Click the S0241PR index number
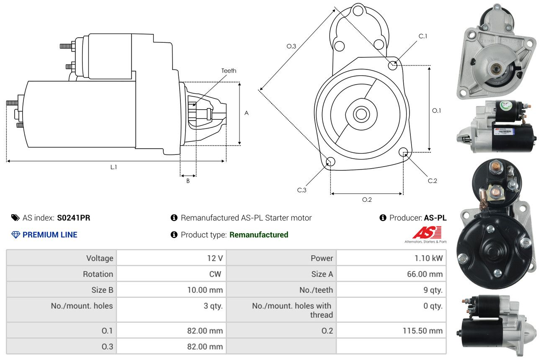tap(73, 218)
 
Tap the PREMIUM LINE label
tap(50, 235)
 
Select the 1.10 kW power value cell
tap(428, 258)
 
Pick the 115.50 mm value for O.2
tap(422, 331)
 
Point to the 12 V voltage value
tap(214, 258)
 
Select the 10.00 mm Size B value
tap(205, 290)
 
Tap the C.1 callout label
tap(423, 36)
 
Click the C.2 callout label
tap(432, 181)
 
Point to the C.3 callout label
tap(301, 190)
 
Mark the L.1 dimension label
tap(113, 167)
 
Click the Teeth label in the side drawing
tap(229, 71)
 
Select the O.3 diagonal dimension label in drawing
tap(291, 46)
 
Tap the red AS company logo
tap(427, 233)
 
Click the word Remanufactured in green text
tap(258, 235)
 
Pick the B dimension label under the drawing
tap(188, 181)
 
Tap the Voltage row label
tap(100, 258)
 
